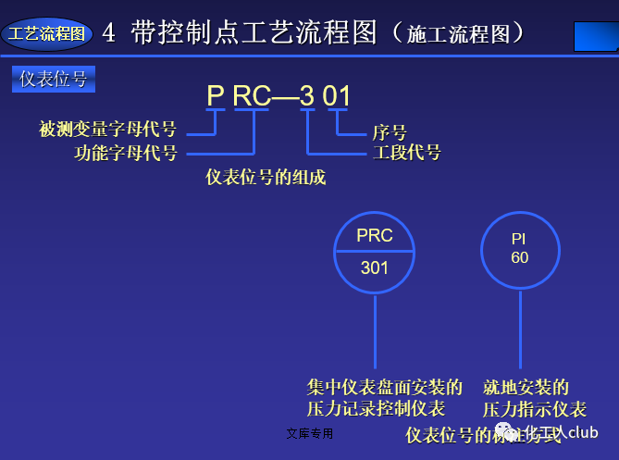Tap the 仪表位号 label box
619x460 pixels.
coord(54,80)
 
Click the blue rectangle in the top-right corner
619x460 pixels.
coord(596,37)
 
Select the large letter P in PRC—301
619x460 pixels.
coord(216,96)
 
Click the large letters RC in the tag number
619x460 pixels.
coord(251,96)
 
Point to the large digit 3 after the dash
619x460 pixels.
coord(307,96)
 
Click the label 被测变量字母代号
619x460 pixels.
coord(108,130)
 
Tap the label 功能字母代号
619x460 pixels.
coord(126,153)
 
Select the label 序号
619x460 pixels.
coord(390,133)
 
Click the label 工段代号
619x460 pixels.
coord(406,153)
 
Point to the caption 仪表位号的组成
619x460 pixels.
coord(266,177)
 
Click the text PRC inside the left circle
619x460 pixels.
coord(374,235)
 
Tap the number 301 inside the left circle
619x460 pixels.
coord(374,268)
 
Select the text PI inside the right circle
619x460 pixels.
coord(519,239)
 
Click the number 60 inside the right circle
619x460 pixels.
coord(519,257)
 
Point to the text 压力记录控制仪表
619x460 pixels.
coord(376,408)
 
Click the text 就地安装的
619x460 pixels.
coord(526,387)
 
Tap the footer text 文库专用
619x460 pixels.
coord(310,433)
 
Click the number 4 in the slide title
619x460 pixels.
coord(109,34)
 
